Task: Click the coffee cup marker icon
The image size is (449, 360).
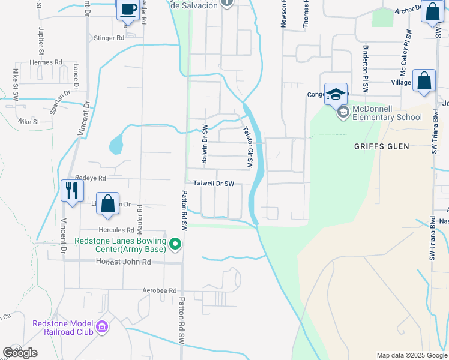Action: click(x=128, y=10)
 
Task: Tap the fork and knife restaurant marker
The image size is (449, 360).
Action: click(x=71, y=191)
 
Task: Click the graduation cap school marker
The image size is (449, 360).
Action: click(x=336, y=94)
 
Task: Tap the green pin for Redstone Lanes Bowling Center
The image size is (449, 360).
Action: click(x=175, y=244)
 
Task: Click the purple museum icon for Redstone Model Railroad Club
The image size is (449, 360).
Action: click(x=102, y=327)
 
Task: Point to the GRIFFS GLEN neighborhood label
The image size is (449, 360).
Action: click(x=381, y=146)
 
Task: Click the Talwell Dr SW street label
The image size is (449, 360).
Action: click(x=212, y=184)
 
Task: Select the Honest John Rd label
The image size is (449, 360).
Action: click(x=124, y=262)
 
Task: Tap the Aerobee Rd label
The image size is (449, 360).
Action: click(x=160, y=290)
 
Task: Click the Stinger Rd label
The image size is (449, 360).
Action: click(x=109, y=38)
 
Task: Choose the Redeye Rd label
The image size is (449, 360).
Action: click(x=90, y=178)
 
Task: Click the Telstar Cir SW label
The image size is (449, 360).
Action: click(x=247, y=147)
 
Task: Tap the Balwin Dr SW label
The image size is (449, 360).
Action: click(x=205, y=145)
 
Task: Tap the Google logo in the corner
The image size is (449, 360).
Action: click(x=20, y=353)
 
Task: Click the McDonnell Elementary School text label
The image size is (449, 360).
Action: click(x=387, y=113)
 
